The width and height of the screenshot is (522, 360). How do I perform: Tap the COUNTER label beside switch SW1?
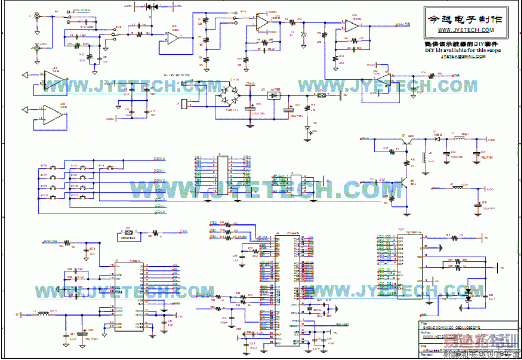(x=81, y=10)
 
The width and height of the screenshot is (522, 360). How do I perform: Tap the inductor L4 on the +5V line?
(x=45, y=313)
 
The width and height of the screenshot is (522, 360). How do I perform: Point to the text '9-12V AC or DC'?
(x=176, y=75)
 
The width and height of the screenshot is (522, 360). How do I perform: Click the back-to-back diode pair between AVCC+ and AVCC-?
(x=152, y=7)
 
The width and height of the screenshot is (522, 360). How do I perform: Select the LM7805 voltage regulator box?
(x=275, y=95)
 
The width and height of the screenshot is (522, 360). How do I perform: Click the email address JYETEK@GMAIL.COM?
(x=463, y=56)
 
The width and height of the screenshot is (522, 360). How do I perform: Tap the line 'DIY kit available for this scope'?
(x=463, y=50)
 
